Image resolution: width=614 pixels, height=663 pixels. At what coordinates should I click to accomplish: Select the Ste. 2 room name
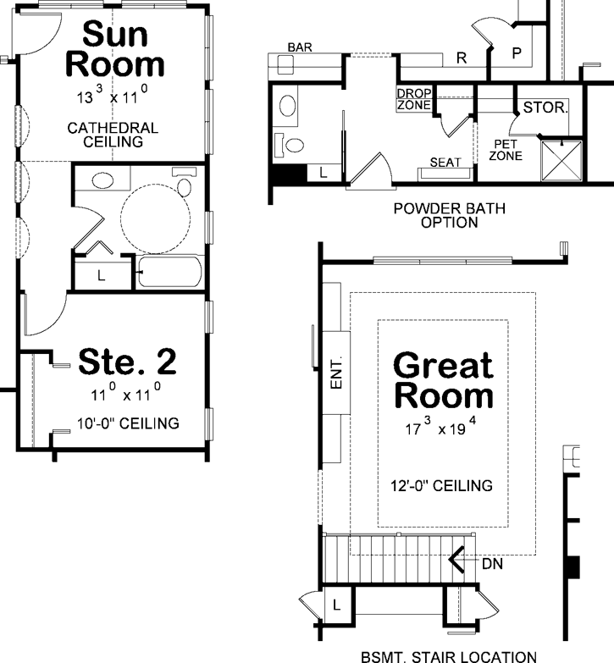coord(127,362)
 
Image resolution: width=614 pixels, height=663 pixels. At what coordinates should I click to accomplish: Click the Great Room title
coord(443,380)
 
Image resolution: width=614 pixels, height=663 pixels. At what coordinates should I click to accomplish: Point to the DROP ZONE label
coord(413,98)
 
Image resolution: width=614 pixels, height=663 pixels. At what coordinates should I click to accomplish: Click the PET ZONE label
coord(507,150)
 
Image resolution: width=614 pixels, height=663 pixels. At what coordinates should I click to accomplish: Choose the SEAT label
coord(444,162)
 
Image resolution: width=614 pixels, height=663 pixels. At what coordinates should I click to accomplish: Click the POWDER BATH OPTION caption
coord(436,215)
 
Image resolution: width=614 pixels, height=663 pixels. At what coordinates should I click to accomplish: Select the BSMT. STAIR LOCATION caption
coord(448,655)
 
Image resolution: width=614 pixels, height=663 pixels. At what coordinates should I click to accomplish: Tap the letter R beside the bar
coord(462,58)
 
